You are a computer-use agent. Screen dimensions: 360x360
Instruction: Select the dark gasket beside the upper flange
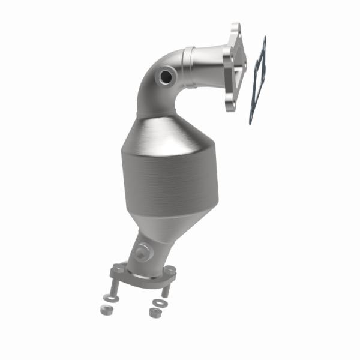click(x=258, y=81)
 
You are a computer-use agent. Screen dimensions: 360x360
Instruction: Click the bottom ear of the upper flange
click(x=230, y=106)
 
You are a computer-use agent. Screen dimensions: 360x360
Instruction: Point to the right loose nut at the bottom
click(x=154, y=313)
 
